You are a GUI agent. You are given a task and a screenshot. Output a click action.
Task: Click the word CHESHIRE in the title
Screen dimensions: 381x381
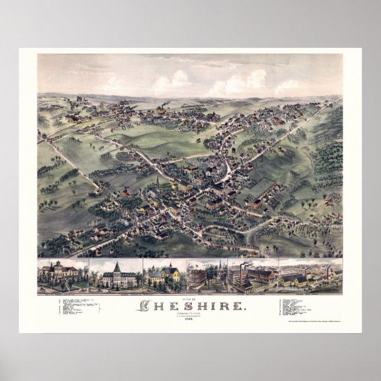coord(190,305)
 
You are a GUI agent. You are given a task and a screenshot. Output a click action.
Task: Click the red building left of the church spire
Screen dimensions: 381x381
coord(127,193)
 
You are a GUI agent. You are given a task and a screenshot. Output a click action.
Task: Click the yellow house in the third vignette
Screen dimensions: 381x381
coord(171,273)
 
